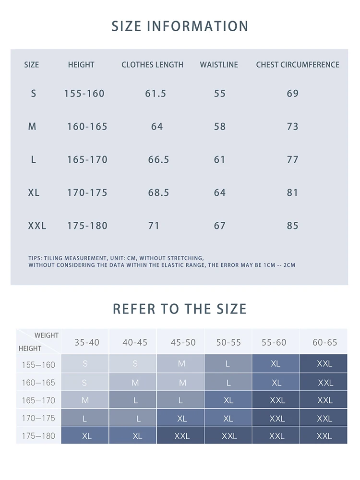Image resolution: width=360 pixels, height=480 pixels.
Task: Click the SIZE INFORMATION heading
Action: pos(180,26)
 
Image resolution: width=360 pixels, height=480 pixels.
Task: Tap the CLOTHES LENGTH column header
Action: pos(152,65)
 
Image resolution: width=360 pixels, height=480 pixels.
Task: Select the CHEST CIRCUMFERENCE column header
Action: pos(298,65)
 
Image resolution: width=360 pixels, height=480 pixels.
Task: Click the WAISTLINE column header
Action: pos(219,65)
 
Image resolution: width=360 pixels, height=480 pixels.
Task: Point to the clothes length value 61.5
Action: pos(156,94)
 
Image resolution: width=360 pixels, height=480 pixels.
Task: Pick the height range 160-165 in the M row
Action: pos(87,127)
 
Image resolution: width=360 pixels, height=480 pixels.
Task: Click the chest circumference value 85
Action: pos(292,226)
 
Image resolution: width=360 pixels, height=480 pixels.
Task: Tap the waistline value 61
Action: pos(219,160)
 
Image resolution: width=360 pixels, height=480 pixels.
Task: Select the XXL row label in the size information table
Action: pos(37,226)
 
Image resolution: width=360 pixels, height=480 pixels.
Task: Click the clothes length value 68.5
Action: pos(158,193)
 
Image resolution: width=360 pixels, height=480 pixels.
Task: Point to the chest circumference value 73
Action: pos(292,127)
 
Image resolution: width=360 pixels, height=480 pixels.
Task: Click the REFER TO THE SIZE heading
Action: pos(180,309)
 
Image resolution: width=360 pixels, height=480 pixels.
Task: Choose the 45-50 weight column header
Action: pos(183,343)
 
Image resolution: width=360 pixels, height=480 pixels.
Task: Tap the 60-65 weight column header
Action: pos(324,343)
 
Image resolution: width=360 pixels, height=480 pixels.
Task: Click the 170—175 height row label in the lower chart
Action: pos(38,419)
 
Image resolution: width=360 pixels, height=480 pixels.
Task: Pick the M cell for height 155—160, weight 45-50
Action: pos(181,364)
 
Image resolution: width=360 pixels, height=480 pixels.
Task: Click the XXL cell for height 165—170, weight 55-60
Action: pos(277,400)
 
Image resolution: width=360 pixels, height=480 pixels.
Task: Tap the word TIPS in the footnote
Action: pos(35,258)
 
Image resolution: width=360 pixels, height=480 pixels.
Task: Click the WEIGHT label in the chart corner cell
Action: pos(46,336)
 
